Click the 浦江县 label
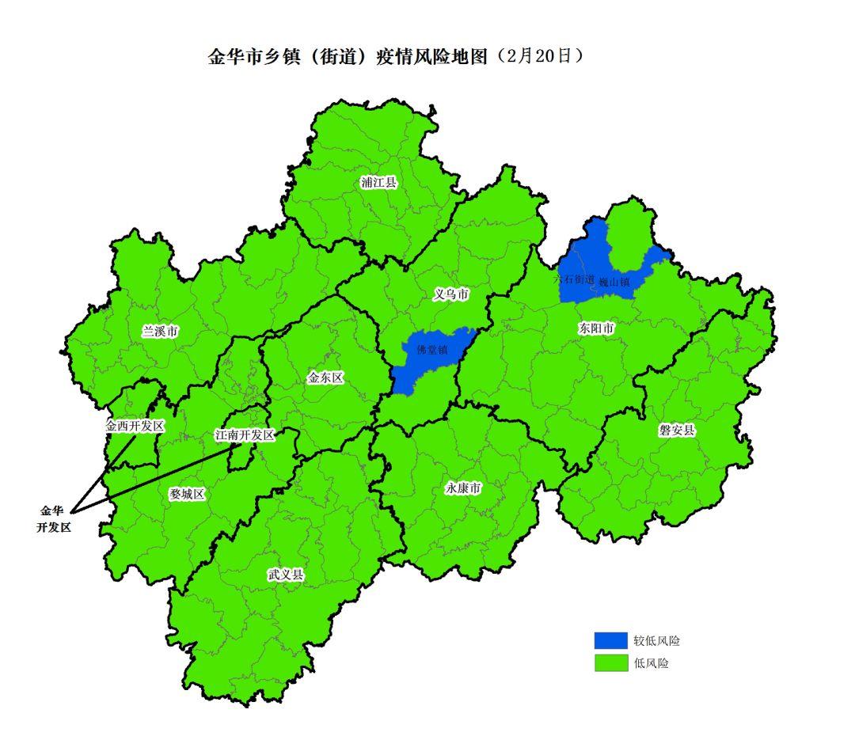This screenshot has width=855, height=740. [378, 183]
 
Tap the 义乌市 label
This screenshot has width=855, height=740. [452, 294]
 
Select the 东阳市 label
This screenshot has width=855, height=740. [596, 328]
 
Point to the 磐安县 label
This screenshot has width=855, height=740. [677, 431]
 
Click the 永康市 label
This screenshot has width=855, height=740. [463, 489]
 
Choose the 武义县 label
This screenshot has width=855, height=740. [285, 575]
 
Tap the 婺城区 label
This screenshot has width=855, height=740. [187, 494]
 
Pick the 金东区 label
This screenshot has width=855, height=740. [325, 378]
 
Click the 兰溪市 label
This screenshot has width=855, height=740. [160, 332]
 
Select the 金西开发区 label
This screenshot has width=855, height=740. [135, 426]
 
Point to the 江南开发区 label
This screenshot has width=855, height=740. [245, 435]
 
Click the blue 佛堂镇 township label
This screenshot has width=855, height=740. [432, 349]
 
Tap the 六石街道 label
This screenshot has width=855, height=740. [573, 279]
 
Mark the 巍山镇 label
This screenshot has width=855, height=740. [614, 282]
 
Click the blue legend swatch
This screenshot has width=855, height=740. [610, 640]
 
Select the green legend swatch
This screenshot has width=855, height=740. [610, 663]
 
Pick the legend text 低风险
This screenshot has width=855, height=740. [651, 663]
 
